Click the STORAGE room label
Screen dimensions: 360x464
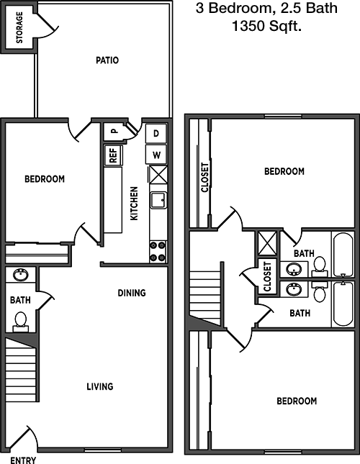19,27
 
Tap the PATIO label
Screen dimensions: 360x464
107,60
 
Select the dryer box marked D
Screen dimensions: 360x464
156,133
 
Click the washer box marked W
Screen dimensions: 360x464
156,155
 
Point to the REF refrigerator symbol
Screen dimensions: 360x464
113,155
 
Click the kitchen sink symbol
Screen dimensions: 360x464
158,200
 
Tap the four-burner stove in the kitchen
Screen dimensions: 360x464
158,252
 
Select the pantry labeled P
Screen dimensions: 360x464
114,131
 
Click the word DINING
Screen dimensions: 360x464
132,293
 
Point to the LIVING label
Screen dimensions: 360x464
100,386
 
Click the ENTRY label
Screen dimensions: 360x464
23,460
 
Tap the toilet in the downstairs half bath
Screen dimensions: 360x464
20,322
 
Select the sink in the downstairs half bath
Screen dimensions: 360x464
21,275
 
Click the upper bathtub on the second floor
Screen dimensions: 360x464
343,255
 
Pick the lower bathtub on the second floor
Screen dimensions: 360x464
343,304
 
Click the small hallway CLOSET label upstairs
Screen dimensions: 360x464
267,276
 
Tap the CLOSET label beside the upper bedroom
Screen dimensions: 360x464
205,178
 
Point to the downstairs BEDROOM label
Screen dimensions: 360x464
45,179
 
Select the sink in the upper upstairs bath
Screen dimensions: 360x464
294,269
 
